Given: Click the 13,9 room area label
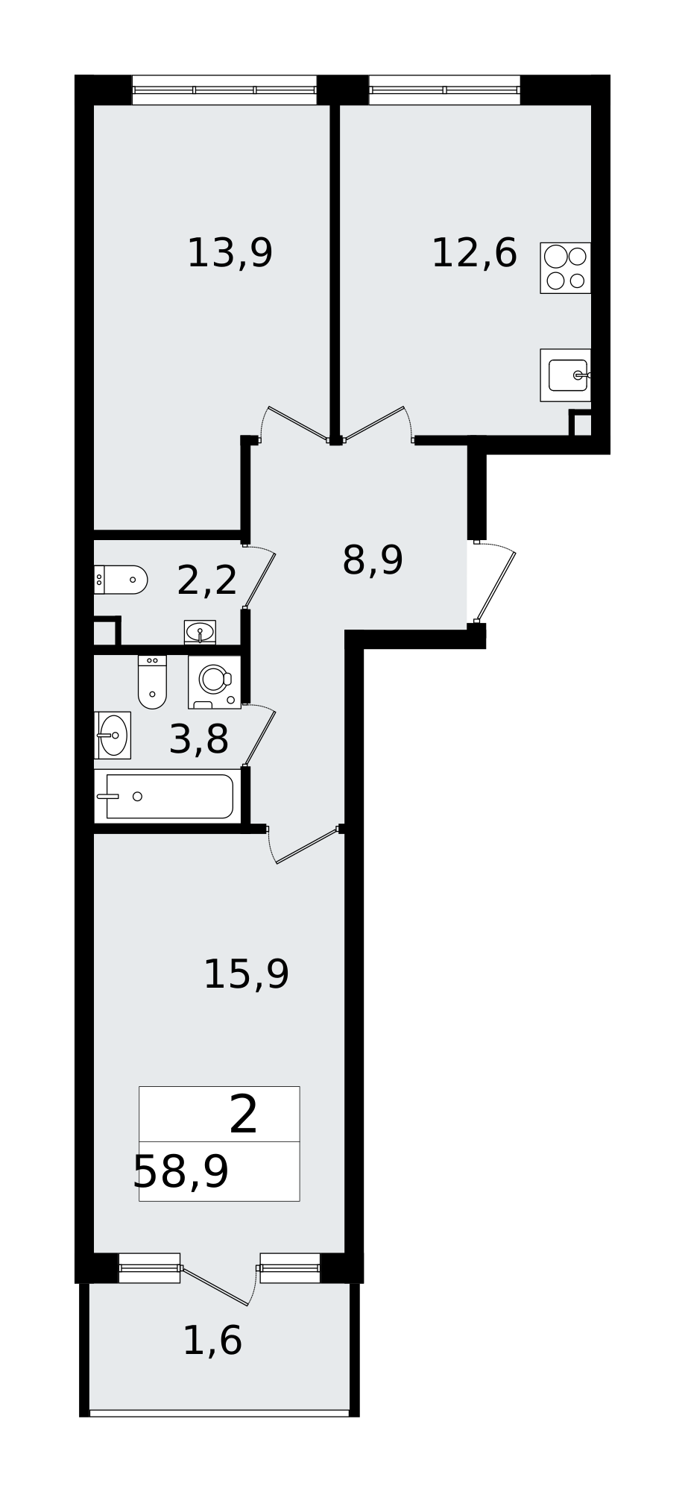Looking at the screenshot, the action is [x=230, y=254].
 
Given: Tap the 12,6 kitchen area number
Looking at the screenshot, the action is [x=474, y=254].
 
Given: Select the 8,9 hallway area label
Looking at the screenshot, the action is [x=373, y=560].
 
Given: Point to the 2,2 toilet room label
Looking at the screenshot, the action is [x=207, y=580].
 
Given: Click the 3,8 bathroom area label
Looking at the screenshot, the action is [x=199, y=739].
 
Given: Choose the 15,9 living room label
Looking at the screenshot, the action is [x=246, y=974].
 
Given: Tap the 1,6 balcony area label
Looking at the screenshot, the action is [x=212, y=1341].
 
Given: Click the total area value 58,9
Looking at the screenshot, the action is [x=181, y=1172].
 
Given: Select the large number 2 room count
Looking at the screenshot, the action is [x=244, y=1115].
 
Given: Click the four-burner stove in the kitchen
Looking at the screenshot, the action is [x=566, y=268].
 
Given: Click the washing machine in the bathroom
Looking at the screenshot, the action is [x=215, y=682].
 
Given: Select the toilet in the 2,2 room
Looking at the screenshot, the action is [x=121, y=580].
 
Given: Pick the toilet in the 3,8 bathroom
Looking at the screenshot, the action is [x=152, y=682].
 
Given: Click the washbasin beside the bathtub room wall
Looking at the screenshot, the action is [x=113, y=735].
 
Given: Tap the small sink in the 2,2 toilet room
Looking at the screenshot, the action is [x=200, y=633].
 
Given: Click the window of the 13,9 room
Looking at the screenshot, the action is [x=224, y=90].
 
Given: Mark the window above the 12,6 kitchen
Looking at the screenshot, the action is [x=444, y=90].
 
